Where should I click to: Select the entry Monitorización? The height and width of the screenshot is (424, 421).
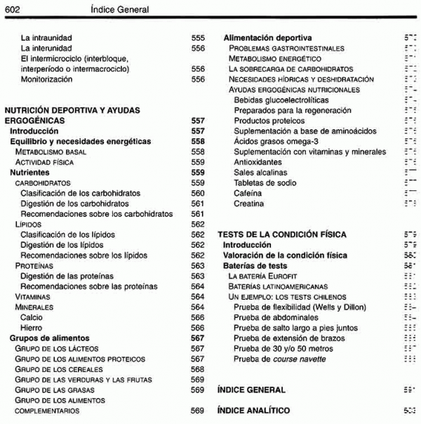coord(46,80)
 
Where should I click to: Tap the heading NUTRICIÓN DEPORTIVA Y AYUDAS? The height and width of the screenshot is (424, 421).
coord(72,110)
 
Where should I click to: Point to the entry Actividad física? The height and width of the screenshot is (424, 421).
coord(44,162)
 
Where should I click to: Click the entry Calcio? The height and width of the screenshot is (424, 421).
coord(32,317)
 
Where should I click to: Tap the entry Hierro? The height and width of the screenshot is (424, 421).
coord(32,328)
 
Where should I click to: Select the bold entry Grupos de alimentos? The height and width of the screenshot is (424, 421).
coord(49,338)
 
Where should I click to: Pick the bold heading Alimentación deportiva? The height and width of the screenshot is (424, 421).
coord(267,37)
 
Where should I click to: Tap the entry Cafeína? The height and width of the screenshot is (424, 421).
coord(249,193)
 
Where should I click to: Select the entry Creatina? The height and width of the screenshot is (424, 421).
coord(249,204)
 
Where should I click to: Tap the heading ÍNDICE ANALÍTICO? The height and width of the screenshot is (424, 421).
coord(253,410)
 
